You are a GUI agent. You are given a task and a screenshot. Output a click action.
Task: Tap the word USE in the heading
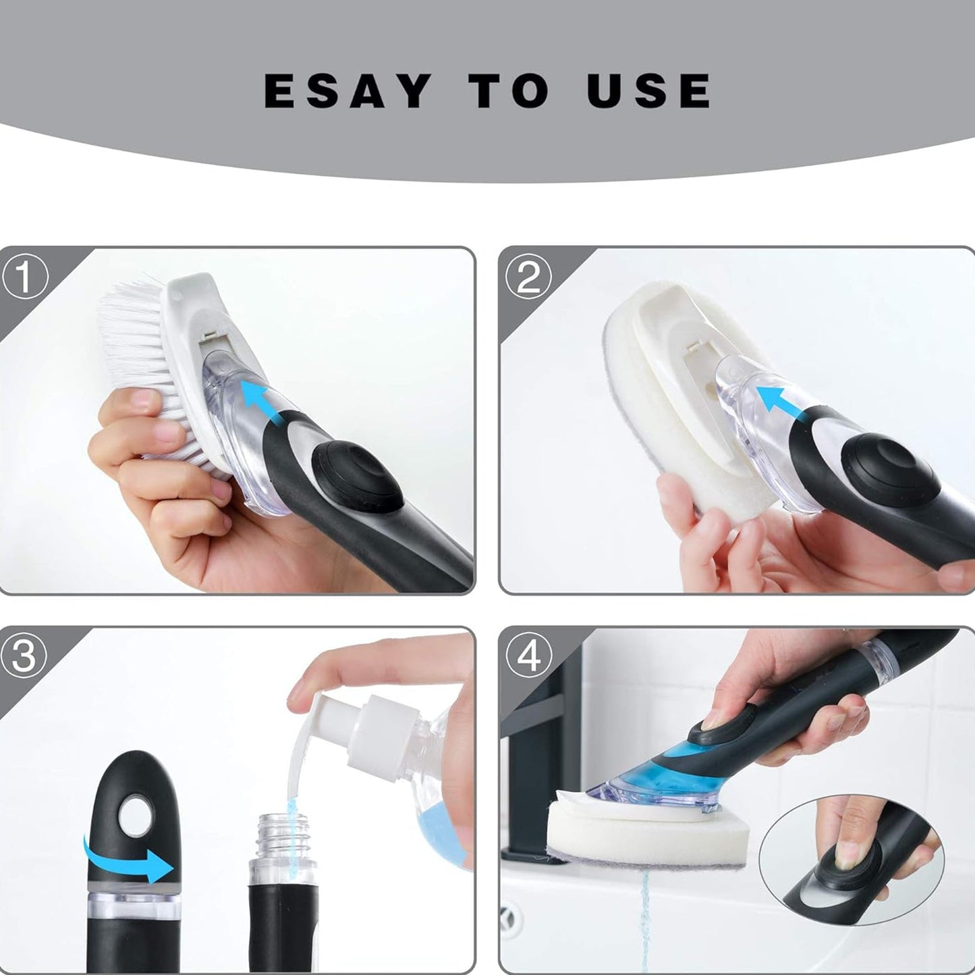coord(648,91)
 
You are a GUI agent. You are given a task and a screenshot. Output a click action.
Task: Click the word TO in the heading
coord(509,91)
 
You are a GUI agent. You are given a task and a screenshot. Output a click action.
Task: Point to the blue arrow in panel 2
coord(775,401)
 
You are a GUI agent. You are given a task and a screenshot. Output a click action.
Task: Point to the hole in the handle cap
coord(132,817)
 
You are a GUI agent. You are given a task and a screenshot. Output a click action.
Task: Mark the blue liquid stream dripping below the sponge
coord(644,914)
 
